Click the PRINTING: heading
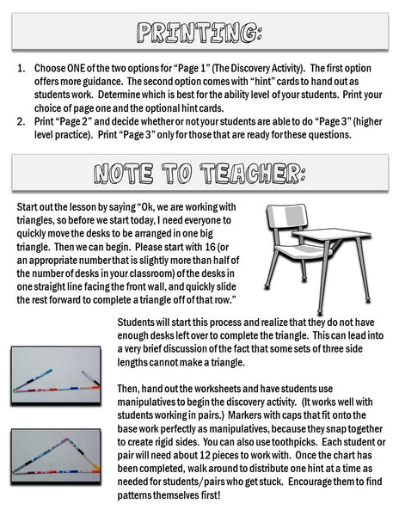point(199,34)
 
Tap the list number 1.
point(21,67)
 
